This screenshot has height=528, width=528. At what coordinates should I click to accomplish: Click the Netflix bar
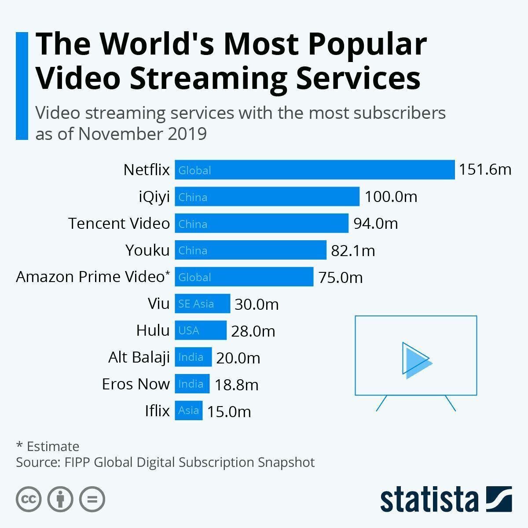(x=315, y=170)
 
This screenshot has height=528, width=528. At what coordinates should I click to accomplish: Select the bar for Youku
(x=251, y=250)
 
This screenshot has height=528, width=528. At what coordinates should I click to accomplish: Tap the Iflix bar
(x=189, y=411)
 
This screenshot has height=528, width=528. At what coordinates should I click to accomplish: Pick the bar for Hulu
(x=201, y=330)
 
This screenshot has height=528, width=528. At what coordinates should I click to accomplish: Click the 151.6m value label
(x=485, y=169)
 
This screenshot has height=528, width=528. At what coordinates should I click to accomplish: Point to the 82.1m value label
(x=353, y=251)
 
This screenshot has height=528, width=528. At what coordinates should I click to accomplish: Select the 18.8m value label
(x=237, y=385)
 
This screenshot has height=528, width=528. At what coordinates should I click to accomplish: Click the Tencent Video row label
(x=119, y=224)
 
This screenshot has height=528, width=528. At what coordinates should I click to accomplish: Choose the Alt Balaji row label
(x=139, y=357)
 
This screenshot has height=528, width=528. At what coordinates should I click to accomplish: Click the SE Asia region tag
(x=196, y=304)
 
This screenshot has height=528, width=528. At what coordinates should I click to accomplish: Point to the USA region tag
(x=189, y=330)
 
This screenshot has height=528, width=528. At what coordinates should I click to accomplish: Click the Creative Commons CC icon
(x=29, y=499)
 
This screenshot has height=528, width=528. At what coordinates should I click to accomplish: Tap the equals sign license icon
(x=92, y=499)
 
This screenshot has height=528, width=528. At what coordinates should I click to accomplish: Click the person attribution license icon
(x=60, y=499)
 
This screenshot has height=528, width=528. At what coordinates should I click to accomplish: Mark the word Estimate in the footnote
(x=53, y=446)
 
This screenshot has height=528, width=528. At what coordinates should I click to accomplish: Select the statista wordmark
(x=429, y=499)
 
